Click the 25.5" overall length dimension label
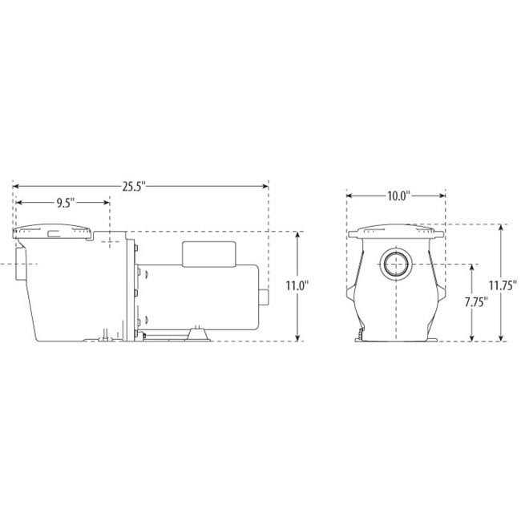(x=134, y=187)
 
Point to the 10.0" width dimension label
(x=395, y=195)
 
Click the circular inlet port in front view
(x=395, y=264)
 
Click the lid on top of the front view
(x=395, y=232)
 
